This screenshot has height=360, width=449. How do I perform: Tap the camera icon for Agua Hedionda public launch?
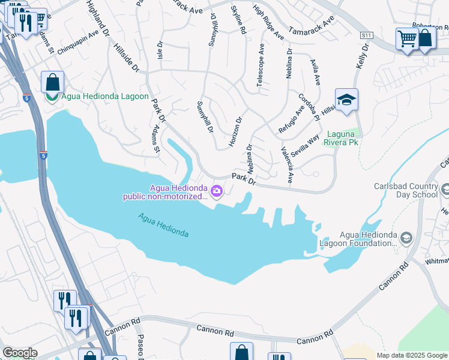point(217,192)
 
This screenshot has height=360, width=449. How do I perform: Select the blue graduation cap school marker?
point(346,100)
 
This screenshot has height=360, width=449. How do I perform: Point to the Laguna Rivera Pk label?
point(341,139)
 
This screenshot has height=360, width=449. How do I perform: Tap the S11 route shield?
point(366,36)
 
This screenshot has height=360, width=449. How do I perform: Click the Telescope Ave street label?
point(260,67)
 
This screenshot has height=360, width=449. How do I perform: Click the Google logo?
point(19,353)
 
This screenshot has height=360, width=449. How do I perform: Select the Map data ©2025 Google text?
point(412,355)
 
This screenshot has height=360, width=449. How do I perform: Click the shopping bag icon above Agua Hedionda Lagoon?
point(52,82)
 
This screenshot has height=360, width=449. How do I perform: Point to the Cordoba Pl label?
point(310,106)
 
